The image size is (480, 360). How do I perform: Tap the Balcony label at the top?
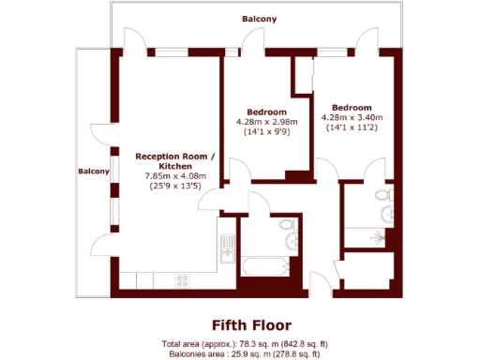259,18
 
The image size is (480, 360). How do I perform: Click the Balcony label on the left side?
94,172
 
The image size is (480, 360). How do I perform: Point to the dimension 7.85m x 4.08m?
175,175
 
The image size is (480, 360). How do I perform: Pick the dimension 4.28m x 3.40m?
352,117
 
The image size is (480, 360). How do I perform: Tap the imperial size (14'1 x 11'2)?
352,127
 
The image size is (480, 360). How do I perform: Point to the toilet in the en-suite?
380,195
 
